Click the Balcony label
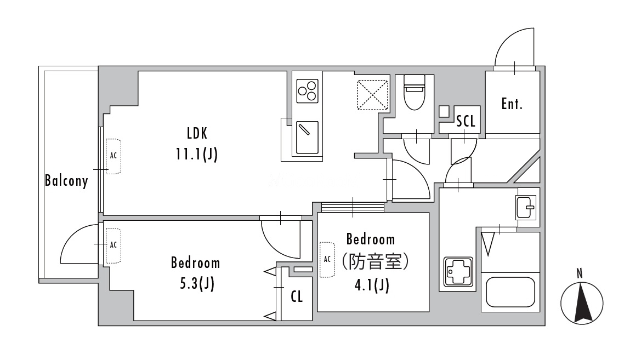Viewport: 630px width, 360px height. click(x=66, y=181)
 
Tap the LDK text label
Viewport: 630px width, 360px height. click(x=197, y=133)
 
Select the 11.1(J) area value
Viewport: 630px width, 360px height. click(x=196, y=154)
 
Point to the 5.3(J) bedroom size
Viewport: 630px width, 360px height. click(x=197, y=284)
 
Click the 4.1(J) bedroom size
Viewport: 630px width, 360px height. click(x=372, y=285)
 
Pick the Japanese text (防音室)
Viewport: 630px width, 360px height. click(x=375, y=262)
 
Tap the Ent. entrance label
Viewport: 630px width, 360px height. click(x=512, y=104)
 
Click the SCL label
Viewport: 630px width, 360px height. click(x=466, y=121)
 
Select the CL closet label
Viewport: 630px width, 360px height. click(x=297, y=296)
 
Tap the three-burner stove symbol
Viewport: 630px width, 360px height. click(x=308, y=91)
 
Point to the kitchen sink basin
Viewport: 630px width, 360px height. click(x=308, y=138)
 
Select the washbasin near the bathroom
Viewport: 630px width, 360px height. click(x=526, y=207)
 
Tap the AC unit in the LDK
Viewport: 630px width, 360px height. click(x=113, y=156)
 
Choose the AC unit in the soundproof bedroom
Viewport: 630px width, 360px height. click(x=327, y=260)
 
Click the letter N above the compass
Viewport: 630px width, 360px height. click(x=580, y=274)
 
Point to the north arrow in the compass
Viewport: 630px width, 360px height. click(x=581, y=303)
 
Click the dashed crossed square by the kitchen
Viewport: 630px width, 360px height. click(x=373, y=95)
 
